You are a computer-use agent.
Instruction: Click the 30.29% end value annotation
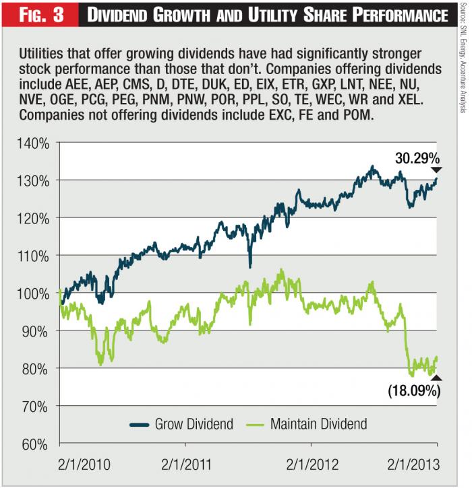point(417,159)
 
